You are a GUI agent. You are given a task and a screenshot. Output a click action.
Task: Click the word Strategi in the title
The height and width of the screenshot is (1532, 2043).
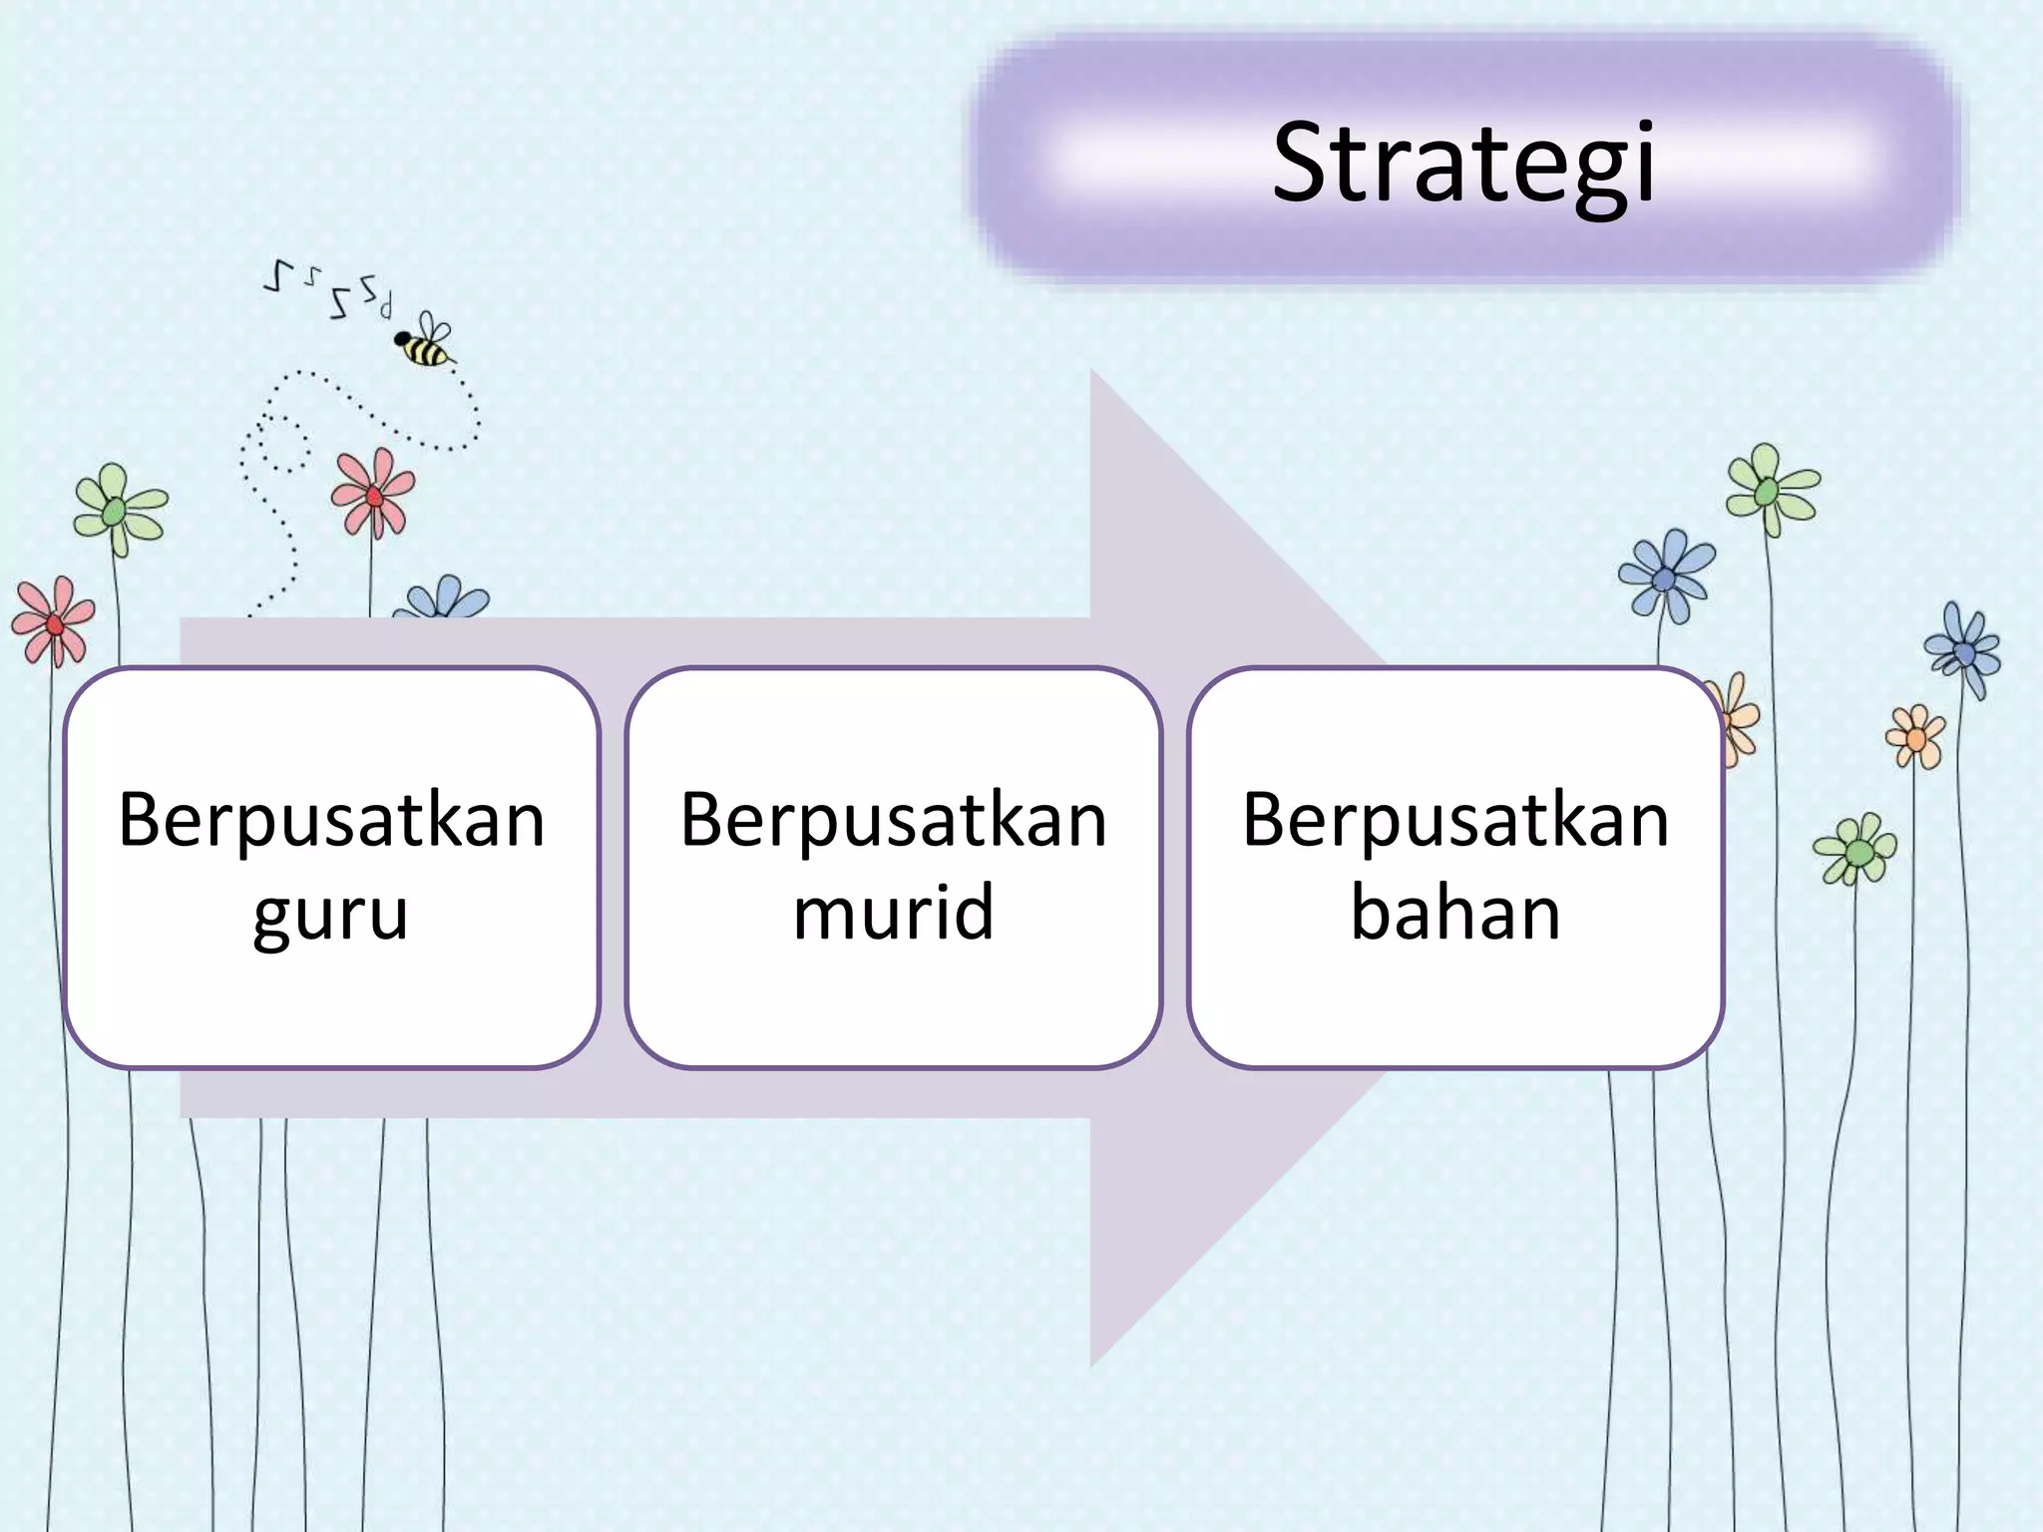click(1463, 163)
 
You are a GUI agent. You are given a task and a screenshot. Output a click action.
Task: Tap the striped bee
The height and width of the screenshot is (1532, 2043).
click(423, 349)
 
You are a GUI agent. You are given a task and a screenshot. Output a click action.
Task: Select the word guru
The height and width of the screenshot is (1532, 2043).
click(330, 913)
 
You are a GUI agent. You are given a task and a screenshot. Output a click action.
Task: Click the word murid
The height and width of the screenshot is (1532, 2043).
click(893, 913)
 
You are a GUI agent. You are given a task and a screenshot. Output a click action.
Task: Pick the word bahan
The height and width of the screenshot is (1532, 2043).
click(1455, 913)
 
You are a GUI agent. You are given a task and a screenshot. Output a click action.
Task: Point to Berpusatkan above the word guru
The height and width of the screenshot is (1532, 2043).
click(331, 820)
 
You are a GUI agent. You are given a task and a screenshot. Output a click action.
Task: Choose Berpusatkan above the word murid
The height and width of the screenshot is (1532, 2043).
click(894, 820)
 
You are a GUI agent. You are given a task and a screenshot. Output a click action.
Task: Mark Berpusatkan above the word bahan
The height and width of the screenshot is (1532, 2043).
click(1455, 820)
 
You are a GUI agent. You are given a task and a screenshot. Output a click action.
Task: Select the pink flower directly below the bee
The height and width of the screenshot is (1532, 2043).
click(372, 494)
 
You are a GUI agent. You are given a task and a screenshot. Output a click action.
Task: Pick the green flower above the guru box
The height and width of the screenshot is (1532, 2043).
click(119, 509)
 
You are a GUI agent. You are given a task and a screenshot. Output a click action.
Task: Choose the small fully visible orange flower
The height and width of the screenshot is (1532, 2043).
click(1915, 736)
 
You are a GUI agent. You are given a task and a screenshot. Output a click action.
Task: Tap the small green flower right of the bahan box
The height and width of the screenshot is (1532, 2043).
click(1855, 850)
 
